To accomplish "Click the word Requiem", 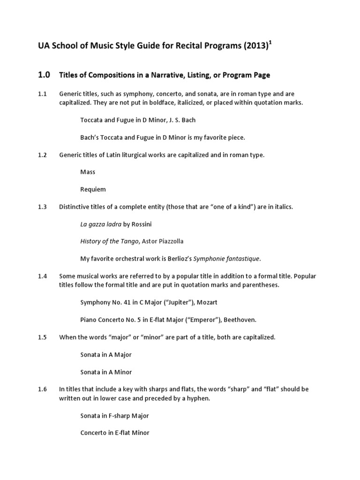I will [93, 189].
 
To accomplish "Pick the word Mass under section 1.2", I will [88, 172].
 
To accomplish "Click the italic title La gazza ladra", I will [101, 224].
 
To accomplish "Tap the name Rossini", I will [141, 224].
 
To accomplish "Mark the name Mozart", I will [207, 303].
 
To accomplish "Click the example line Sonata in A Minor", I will [106, 372].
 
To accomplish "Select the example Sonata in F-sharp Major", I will [114, 416].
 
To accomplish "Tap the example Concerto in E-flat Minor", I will [115, 433].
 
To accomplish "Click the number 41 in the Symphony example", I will [127, 303].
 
